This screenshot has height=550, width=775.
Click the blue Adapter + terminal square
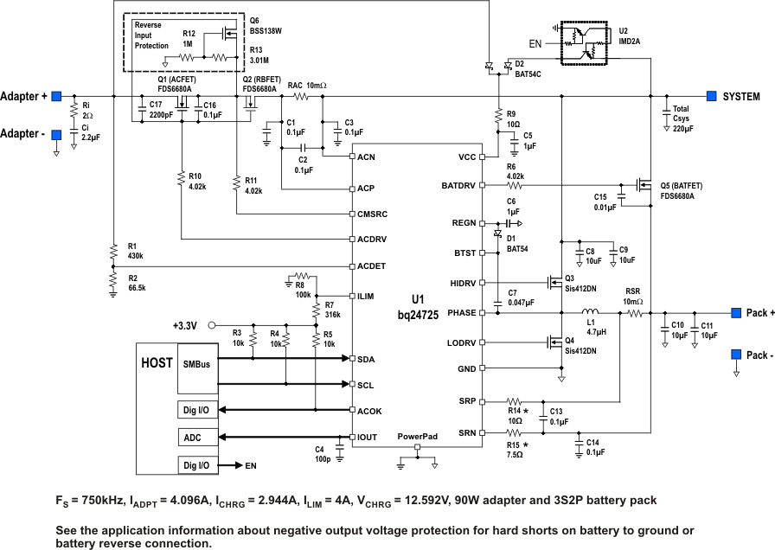pyautogui.click(x=56, y=96)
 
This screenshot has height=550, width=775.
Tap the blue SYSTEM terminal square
pyautogui.click(x=712, y=96)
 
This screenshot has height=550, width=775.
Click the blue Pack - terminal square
pyautogui.click(x=736, y=355)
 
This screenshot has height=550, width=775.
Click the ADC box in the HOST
pyautogui.click(x=193, y=438)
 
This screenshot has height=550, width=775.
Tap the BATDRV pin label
pyautogui.click(x=458, y=186)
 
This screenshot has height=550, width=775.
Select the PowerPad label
pyautogui.click(x=417, y=437)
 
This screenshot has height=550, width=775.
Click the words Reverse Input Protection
pyautogui.click(x=152, y=35)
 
